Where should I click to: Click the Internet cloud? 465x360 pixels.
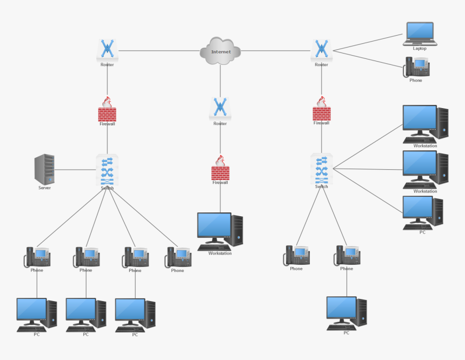pyautogui.click(x=220, y=51)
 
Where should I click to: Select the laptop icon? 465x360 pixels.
pyautogui.click(x=420, y=34)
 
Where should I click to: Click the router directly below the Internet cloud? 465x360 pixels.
pyautogui.click(x=220, y=109)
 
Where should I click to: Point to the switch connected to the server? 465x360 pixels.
pyautogui.click(x=107, y=170)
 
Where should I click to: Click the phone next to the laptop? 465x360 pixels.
pyautogui.click(x=416, y=67)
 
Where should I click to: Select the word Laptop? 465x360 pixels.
pyautogui.click(x=420, y=49)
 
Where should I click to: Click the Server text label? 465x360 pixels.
pyautogui.click(x=44, y=188)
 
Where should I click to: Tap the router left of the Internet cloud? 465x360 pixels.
pyautogui.click(x=107, y=50)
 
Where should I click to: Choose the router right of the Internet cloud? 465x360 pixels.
pyautogui.click(x=322, y=50)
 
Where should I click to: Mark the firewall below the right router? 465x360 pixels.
pyautogui.click(x=322, y=110)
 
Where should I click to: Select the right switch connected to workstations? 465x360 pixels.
pyautogui.click(x=322, y=169)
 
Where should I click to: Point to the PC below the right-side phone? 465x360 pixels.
pyautogui.click(x=347, y=313)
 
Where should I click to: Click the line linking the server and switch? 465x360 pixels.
pyautogui.click(x=76, y=170)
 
